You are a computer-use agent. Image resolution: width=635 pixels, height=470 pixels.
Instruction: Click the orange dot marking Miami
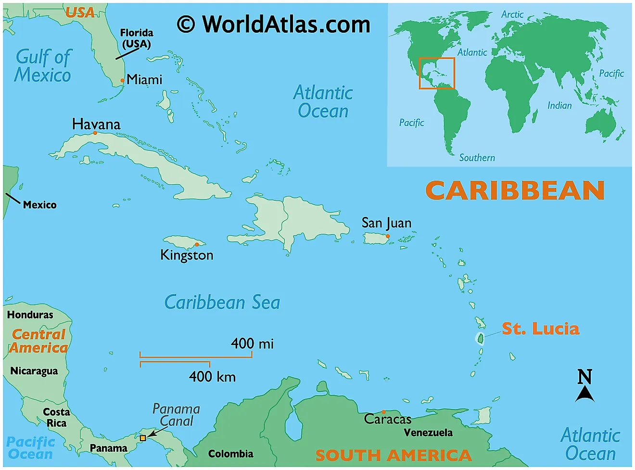click(x=123, y=81)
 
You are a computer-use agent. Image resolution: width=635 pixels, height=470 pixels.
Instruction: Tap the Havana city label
click(x=96, y=124)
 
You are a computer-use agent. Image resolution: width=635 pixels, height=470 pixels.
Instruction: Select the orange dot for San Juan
click(x=388, y=236)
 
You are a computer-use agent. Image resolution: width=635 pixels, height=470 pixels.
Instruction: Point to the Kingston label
click(x=187, y=255)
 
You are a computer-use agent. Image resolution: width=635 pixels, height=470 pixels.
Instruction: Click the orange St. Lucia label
click(x=540, y=329)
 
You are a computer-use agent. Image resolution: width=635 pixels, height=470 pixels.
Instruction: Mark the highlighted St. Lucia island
click(x=480, y=338)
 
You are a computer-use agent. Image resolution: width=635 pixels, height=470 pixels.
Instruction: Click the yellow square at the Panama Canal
click(x=143, y=438)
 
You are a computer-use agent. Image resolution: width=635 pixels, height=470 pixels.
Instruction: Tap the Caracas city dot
click(x=383, y=412)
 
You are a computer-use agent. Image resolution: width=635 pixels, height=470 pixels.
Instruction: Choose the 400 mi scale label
click(x=252, y=343)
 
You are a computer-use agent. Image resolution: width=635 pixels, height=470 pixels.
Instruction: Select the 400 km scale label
click(x=212, y=376)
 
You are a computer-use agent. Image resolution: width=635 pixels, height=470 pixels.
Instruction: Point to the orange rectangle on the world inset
click(x=436, y=73)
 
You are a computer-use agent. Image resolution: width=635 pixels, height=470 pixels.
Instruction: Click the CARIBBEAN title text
click(x=515, y=191)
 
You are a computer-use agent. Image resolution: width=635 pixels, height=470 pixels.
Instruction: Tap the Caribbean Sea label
click(x=222, y=303)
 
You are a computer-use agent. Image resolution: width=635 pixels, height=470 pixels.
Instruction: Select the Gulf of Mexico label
click(x=43, y=66)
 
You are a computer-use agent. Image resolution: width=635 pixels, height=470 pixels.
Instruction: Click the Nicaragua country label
click(x=34, y=371)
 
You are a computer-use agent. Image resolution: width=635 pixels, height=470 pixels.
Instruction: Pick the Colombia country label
click(x=230, y=454)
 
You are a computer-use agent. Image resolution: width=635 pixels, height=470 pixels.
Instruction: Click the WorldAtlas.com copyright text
click(x=274, y=24)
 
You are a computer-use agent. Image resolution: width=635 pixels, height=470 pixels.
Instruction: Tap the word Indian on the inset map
click(x=559, y=105)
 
